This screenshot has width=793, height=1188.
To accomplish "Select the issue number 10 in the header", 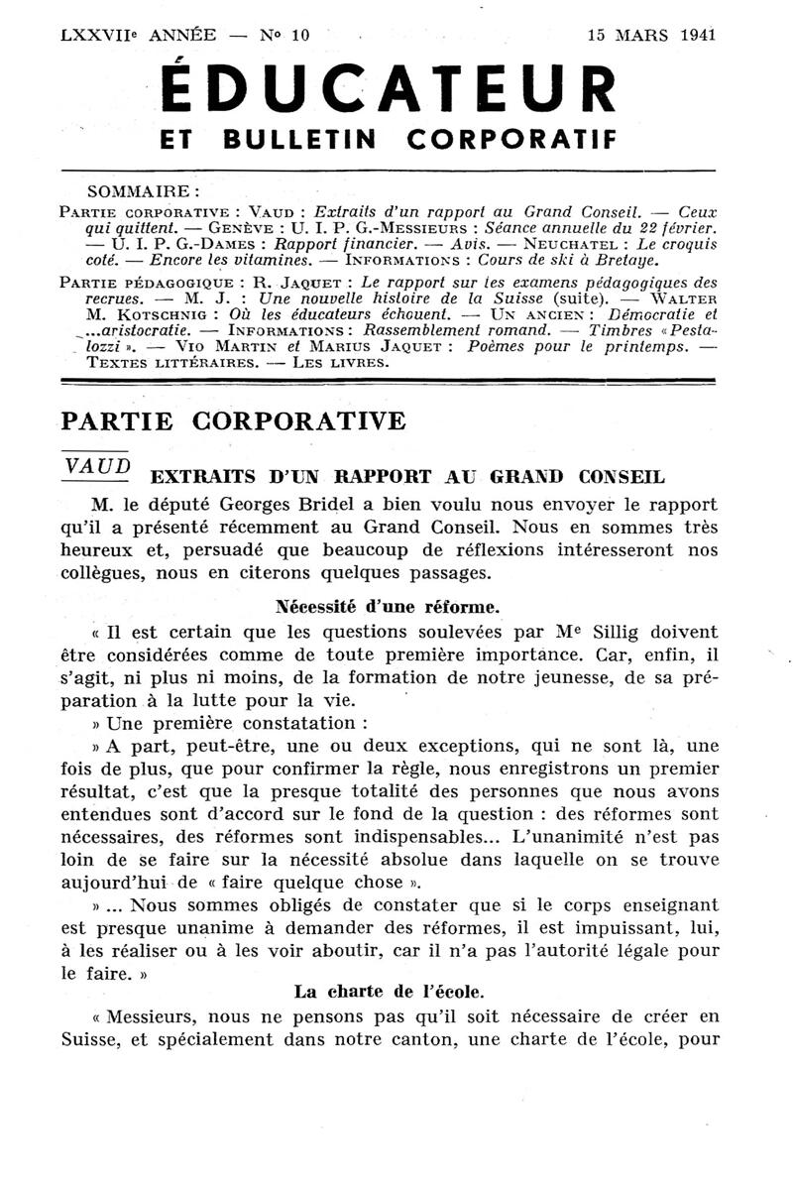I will pyautogui.click(x=298, y=34).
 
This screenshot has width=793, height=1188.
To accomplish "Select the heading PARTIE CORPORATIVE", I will pyautogui.click(x=233, y=420).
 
